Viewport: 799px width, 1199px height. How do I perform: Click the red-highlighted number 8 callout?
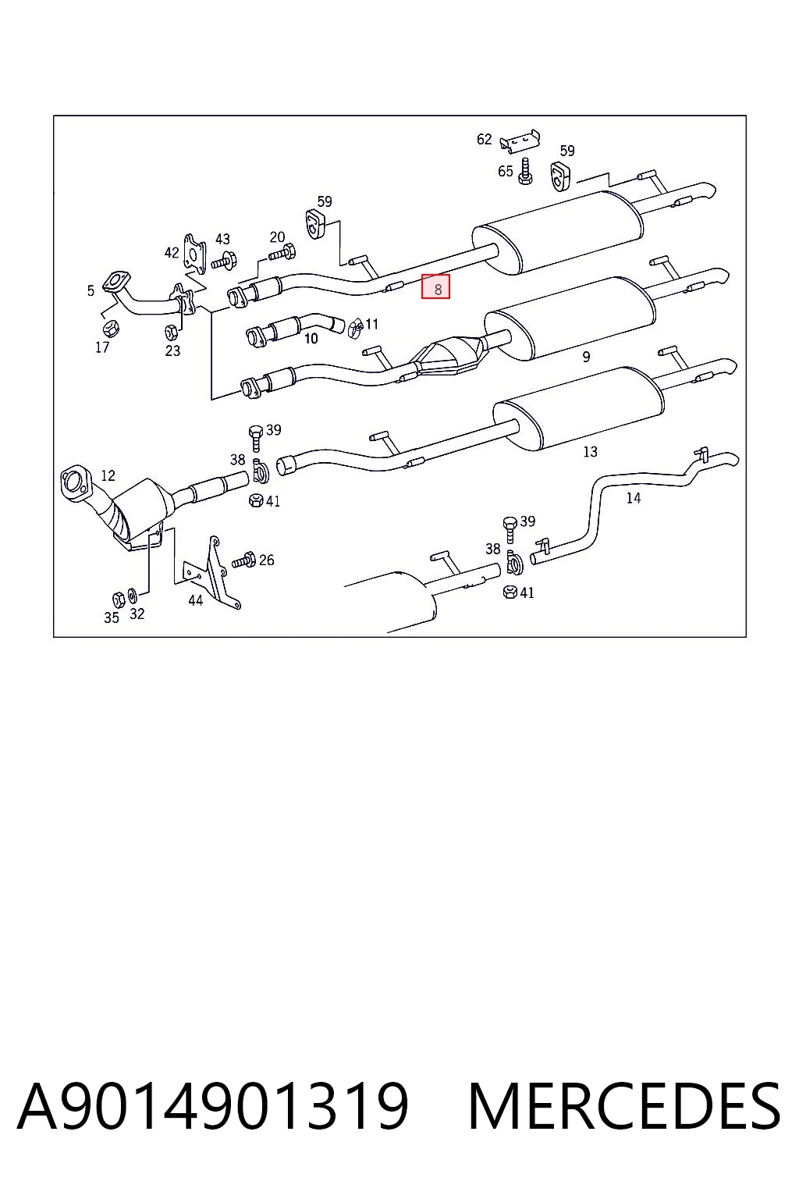pyautogui.click(x=435, y=286)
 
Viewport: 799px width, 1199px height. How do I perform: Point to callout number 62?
pyautogui.click(x=484, y=139)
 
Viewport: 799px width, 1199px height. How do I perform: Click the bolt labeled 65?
pyautogui.click(x=526, y=171)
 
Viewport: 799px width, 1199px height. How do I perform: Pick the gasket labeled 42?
pyautogui.click(x=194, y=253)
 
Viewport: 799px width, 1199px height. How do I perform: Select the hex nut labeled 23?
pyautogui.click(x=172, y=332)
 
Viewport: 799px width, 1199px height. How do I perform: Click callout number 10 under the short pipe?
pyautogui.click(x=311, y=339)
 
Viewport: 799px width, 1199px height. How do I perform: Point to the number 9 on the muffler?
pyautogui.click(x=586, y=357)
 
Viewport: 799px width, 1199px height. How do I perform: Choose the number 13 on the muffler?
pyautogui.click(x=590, y=452)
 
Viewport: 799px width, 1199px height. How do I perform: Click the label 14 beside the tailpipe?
pyautogui.click(x=633, y=498)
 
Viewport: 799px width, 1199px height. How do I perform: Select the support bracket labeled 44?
pyautogui.click(x=212, y=573)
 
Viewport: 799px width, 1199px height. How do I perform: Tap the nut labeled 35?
pyautogui.click(x=119, y=599)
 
